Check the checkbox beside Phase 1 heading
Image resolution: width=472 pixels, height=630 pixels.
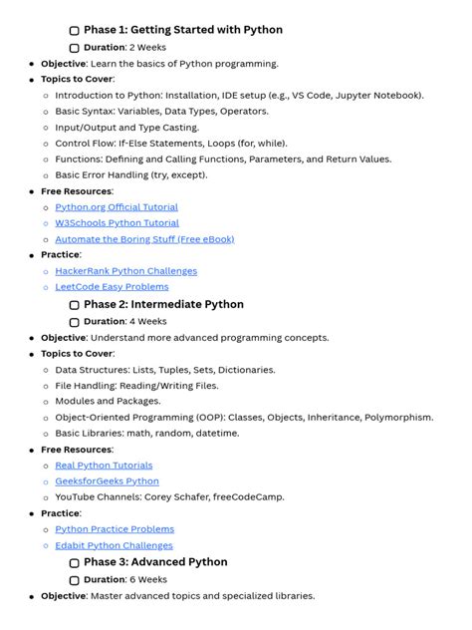click(75, 31)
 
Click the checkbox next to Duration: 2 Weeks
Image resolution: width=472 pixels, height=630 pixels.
click(75, 48)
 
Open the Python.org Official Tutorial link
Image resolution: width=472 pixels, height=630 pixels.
click(117, 207)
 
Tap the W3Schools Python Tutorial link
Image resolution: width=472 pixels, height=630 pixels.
click(117, 223)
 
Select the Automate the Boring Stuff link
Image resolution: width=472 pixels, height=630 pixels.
click(144, 239)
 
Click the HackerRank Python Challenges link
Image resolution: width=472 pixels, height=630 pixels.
click(125, 271)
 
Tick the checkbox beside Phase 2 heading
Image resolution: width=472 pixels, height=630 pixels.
click(75, 306)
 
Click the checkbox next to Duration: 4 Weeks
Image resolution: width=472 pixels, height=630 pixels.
click(75, 323)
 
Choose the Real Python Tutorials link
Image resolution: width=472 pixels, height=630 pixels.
click(104, 466)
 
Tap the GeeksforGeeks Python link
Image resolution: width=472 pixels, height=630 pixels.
click(107, 481)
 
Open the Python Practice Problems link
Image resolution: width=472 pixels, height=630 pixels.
click(115, 529)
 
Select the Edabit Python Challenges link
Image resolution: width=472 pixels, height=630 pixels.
click(114, 545)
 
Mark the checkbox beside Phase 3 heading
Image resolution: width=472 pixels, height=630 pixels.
click(75, 563)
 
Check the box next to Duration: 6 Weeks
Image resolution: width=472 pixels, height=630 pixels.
click(75, 580)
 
